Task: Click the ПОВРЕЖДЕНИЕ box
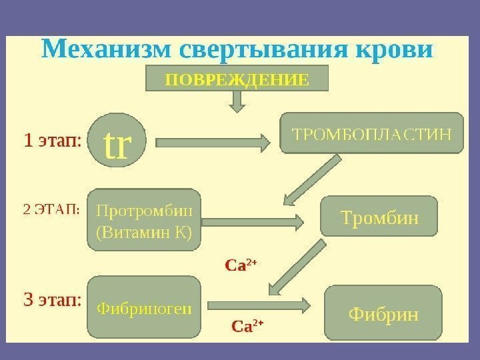(237, 79)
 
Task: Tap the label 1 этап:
(52, 141)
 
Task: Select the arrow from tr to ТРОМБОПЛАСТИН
(213, 141)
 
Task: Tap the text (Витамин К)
(145, 233)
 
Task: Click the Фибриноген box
(144, 308)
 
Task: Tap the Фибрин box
(383, 312)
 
